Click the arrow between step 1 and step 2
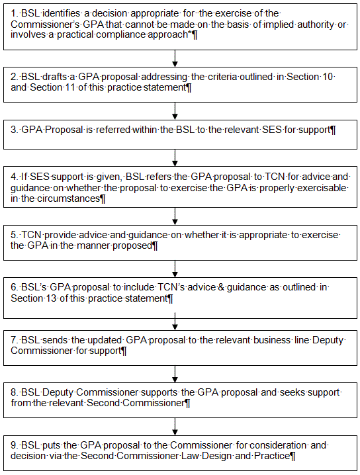pos(175,58)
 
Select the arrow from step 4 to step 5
pos(175,216)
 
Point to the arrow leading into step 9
pos(175,427)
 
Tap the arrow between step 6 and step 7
pos(175,322)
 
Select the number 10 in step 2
pos(328,77)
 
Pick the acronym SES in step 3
pos(272,130)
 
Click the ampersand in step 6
pos(221,287)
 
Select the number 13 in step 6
pos(51,298)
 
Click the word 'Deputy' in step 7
pos(328,341)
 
